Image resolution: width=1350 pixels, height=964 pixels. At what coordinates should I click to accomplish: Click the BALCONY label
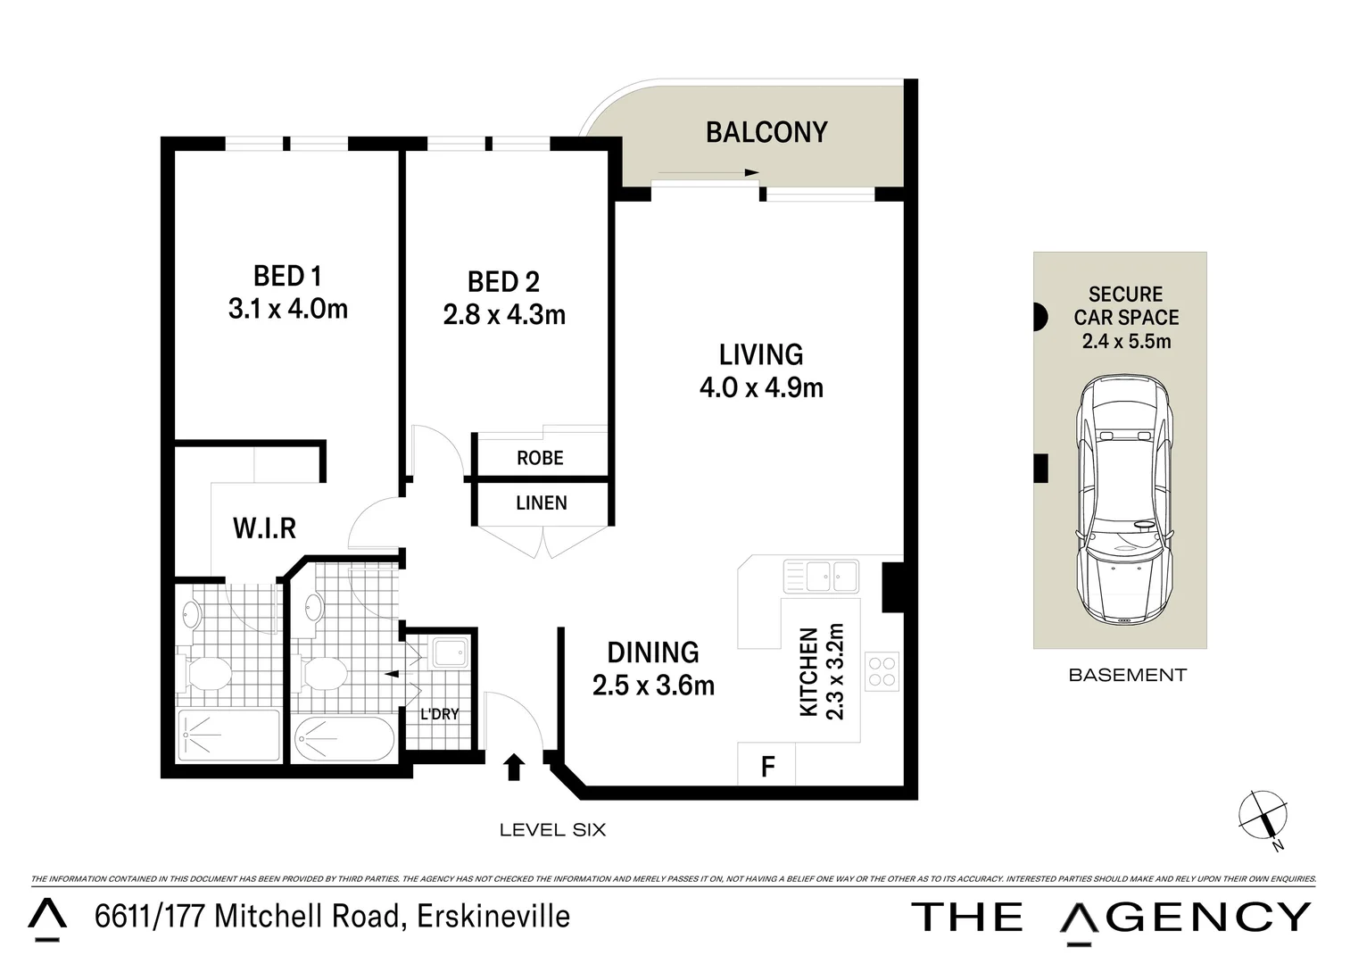(x=766, y=132)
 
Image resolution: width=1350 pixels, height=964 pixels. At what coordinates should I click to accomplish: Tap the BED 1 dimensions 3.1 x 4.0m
(x=287, y=309)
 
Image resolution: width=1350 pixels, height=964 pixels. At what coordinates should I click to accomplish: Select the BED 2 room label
(x=503, y=282)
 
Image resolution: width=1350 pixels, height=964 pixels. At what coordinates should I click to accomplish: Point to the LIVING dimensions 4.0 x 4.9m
(x=760, y=387)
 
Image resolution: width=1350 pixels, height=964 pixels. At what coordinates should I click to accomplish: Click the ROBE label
(x=540, y=458)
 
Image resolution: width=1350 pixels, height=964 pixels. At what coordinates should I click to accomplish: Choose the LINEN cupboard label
(x=541, y=503)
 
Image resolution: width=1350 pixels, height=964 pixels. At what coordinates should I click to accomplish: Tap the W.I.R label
(x=264, y=528)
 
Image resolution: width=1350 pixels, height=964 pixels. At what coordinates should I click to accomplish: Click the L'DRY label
(x=439, y=714)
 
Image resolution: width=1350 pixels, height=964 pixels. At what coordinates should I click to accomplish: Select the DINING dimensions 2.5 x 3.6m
(x=653, y=685)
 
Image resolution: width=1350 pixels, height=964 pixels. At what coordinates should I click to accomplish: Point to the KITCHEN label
(x=808, y=671)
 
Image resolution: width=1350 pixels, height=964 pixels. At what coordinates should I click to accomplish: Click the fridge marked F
(x=766, y=766)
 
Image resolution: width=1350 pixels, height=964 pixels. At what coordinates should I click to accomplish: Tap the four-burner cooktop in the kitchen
(x=882, y=672)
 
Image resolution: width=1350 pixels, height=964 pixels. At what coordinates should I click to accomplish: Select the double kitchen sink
(x=820, y=576)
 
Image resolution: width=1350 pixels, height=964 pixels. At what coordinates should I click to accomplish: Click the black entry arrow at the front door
(x=514, y=767)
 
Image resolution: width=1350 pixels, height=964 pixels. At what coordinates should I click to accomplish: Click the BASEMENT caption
(x=1127, y=675)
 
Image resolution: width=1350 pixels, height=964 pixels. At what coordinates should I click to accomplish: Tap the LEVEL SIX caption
(x=552, y=830)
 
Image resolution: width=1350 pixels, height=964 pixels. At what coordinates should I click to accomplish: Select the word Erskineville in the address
(x=489, y=916)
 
